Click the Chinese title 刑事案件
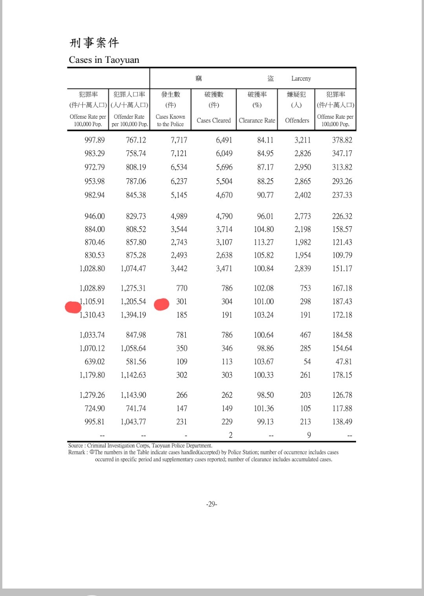(x=94, y=43)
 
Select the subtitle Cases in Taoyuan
(x=104, y=60)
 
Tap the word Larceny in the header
(x=301, y=79)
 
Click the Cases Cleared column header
(x=214, y=120)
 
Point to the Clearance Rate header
(x=257, y=120)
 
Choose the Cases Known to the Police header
(x=170, y=121)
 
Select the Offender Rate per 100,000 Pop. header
(x=129, y=121)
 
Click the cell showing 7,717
(x=179, y=140)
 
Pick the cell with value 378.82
(x=342, y=140)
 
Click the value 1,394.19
(x=133, y=315)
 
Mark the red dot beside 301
(x=162, y=305)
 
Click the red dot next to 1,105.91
(x=73, y=307)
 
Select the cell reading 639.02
(x=94, y=362)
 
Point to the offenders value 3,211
(x=303, y=140)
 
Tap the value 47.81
(x=344, y=362)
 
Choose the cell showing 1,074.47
(x=133, y=269)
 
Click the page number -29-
(x=212, y=504)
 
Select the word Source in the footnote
(x=76, y=446)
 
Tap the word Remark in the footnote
(x=77, y=452)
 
